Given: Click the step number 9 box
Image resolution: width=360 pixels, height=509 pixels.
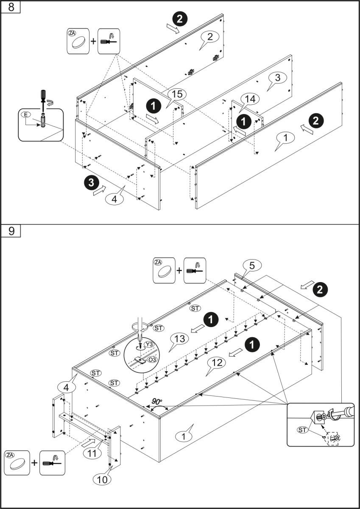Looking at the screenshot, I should click(11, 231).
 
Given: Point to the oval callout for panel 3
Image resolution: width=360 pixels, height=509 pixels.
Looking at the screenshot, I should click(278, 78).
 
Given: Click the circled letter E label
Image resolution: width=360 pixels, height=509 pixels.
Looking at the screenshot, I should click(25, 115).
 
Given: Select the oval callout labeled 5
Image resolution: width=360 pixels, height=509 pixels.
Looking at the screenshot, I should click(252, 266).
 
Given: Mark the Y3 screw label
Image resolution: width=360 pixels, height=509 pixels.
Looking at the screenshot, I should click(148, 344).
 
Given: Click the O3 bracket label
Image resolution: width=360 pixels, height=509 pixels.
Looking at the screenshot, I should click(151, 361).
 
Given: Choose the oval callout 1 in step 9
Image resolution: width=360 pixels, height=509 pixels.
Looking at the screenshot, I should click(184, 435).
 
